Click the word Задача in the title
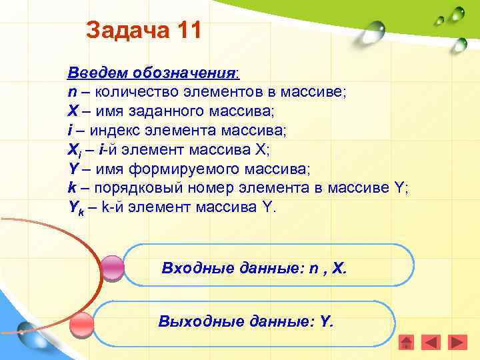[x=125, y=31]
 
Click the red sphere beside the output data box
[x=83, y=325]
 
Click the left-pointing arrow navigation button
[x=432, y=343]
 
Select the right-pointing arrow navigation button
[x=457, y=343]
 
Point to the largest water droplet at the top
[x=375, y=29]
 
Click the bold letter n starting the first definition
[x=71, y=91]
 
